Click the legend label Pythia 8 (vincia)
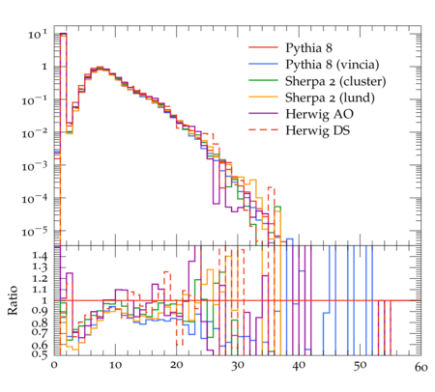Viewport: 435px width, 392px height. coord(332,65)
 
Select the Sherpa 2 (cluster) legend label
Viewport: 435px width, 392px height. coord(335,81)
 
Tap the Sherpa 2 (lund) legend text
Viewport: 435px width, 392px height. coord(330,98)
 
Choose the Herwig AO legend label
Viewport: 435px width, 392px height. coord(319,114)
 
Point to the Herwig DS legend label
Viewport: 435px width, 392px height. coord(318,130)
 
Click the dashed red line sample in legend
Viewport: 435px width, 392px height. coord(263,129)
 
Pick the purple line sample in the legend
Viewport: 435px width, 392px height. coord(263,113)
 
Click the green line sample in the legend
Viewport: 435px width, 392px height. coord(263,80)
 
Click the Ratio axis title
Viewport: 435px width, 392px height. coord(13,300)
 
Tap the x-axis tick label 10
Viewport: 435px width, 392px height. coord(115,365)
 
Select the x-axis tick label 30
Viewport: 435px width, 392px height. coord(238,366)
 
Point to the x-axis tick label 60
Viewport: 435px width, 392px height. coord(420,367)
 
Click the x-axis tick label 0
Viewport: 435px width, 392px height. coord(54,365)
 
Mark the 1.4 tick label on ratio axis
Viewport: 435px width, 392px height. coord(40,256)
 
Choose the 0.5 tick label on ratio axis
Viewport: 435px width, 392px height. coord(40,354)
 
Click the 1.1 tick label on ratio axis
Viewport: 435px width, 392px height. coord(40,289)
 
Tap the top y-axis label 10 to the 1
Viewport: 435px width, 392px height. coord(38,34)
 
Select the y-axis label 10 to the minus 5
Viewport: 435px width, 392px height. coord(35,231)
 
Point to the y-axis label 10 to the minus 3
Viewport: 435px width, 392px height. coord(35,166)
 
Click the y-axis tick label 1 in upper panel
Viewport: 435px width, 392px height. coord(44,67)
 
